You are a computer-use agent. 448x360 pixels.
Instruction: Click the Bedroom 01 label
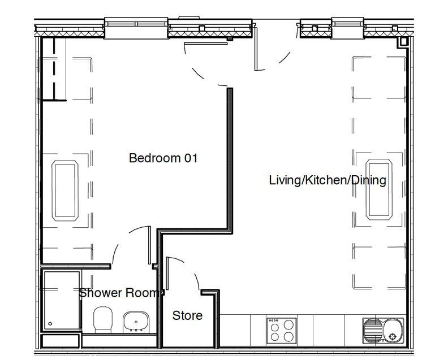pos(163,158)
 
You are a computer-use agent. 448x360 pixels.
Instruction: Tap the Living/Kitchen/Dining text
pos(328,180)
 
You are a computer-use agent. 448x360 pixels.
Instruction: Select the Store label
pos(187,315)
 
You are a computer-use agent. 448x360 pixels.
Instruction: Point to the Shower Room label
pos(119,293)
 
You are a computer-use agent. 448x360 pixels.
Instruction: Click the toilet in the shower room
pos(103,319)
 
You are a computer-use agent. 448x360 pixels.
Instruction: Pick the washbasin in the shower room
pos(136,322)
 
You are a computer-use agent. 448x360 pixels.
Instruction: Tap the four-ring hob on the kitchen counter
pos(282,331)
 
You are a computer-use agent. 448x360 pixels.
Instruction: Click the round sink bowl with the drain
pos(393,331)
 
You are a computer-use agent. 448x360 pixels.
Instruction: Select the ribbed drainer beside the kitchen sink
pos(373,331)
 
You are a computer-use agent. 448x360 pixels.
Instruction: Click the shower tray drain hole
pos(50,324)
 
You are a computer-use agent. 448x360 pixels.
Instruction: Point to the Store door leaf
pos(167,274)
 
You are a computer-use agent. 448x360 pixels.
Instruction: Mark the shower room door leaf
pos(149,245)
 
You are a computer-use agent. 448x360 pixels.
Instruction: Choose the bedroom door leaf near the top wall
pos(206,44)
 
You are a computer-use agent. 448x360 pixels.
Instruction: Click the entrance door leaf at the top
pos(256,49)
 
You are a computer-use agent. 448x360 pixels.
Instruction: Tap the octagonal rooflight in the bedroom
pos(65,190)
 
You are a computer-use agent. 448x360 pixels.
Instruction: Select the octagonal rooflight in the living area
pos(379,189)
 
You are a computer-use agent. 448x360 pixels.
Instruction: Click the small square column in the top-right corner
pos(403,42)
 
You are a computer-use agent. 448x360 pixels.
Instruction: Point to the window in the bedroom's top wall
pos(136,27)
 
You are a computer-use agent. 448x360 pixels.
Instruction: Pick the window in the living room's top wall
pos(348,27)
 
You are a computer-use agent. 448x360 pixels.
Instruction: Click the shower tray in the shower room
pos(62,301)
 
